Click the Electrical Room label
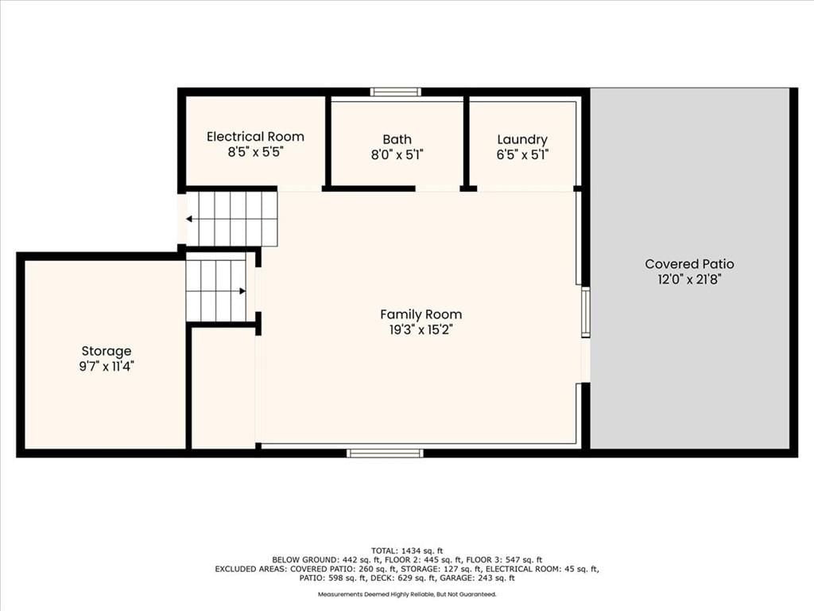[x=255, y=137]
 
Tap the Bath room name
[x=397, y=139]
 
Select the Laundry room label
[x=522, y=140]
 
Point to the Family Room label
[x=421, y=314]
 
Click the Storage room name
[x=107, y=351]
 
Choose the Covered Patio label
[x=689, y=264]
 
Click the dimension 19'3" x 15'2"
[x=421, y=330]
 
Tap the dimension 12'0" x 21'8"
[x=689, y=279]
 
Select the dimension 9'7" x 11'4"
[x=107, y=367]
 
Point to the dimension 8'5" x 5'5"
[x=255, y=152]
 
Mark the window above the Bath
[x=396, y=92]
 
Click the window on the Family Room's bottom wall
[x=385, y=453]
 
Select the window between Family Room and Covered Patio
[x=586, y=313]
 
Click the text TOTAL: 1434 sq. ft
[x=407, y=551]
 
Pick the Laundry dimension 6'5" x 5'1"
[x=522, y=155]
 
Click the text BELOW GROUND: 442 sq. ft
[x=326, y=560]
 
